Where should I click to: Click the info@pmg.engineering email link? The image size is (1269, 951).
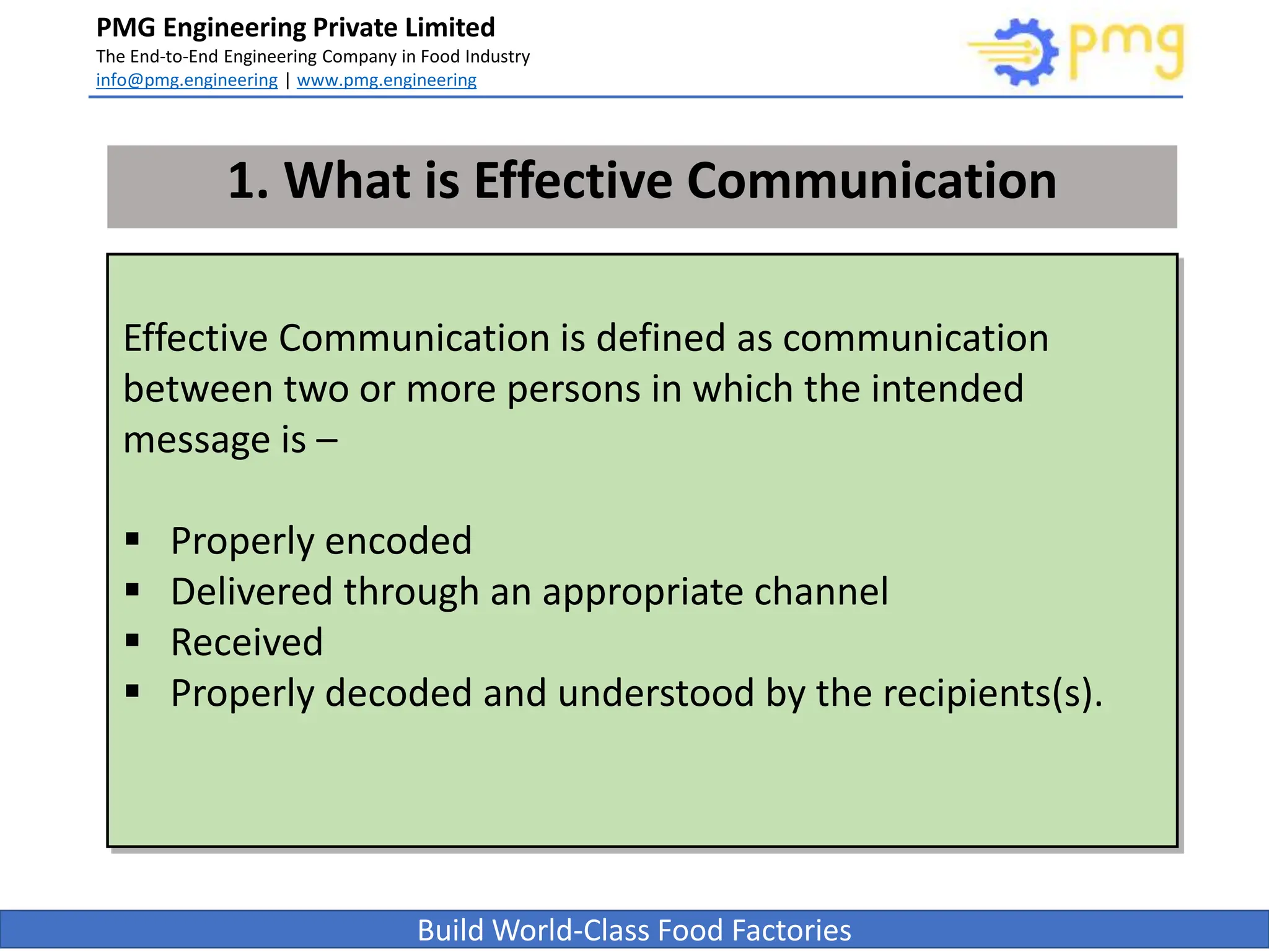pyautogui.click(x=187, y=80)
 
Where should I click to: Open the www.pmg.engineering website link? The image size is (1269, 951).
pyautogui.click(x=387, y=80)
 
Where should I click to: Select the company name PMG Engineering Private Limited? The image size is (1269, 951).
pyautogui.click(x=296, y=28)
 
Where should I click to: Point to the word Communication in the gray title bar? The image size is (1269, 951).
pyautogui.click(x=871, y=181)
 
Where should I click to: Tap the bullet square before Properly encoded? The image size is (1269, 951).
pyautogui.click(x=132, y=539)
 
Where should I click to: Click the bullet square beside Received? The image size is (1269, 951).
pyautogui.click(x=132, y=640)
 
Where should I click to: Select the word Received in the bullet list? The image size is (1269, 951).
pyautogui.click(x=247, y=642)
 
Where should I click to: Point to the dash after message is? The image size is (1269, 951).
pyautogui.click(x=327, y=441)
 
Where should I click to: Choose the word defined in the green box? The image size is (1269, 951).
pyautogui.click(x=661, y=339)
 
